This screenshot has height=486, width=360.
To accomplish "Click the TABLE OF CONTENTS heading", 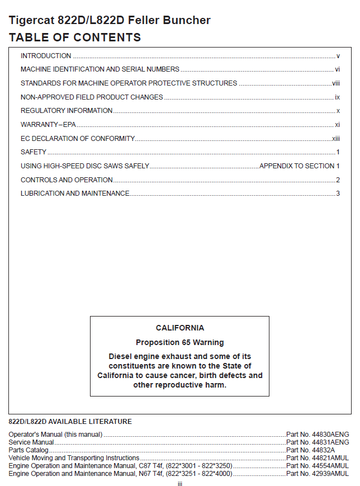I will pyautogui.click(x=75, y=38).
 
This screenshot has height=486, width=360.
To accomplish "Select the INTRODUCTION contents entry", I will pyautogui.click(x=46, y=56).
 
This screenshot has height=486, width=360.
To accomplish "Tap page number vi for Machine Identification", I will pyautogui.click(x=338, y=69).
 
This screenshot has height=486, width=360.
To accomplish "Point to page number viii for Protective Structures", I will pyautogui.click(x=336, y=83).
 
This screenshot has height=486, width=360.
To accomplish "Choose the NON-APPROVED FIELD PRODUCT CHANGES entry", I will pyautogui.click(x=92, y=97).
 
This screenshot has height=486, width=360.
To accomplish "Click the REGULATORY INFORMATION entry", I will pyautogui.click(x=67, y=111).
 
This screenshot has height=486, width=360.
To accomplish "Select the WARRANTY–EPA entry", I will pyautogui.click(x=48, y=125).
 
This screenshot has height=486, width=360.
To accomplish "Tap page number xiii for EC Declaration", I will pyautogui.click(x=336, y=138).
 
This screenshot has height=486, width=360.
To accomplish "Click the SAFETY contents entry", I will pyautogui.click(x=34, y=152).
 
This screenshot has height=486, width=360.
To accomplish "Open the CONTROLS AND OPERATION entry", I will pyautogui.click(x=67, y=180).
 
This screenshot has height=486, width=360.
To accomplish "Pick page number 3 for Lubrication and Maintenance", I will pyautogui.click(x=338, y=194).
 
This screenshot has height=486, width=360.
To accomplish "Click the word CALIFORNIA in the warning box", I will pyautogui.click(x=180, y=328).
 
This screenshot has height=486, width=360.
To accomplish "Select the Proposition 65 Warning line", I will pyautogui.click(x=180, y=342).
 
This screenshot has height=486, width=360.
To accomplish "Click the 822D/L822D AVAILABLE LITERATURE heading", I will pyautogui.click(x=70, y=422).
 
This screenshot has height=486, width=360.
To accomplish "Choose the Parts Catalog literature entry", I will pyautogui.click(x=29, y=450).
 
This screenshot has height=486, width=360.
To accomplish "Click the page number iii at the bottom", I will pyautogui.click(x=180, y=484).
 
